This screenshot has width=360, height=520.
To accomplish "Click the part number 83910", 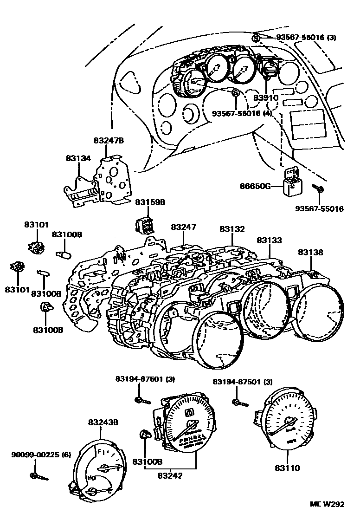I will [x=266, y=98].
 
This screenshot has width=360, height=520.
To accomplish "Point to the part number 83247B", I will [x=108, y=140].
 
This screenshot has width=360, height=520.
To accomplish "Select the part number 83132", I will [x=232, y=229].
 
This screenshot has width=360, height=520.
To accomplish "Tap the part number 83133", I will [x=270, y=240].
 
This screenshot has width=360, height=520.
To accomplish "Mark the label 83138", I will [x=310, y=252].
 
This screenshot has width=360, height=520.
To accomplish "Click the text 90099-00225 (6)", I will [x=41, y=455].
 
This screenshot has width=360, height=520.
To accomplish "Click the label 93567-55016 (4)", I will [x=242, y=113].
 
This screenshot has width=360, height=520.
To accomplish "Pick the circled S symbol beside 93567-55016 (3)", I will [x=256, y=38].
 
